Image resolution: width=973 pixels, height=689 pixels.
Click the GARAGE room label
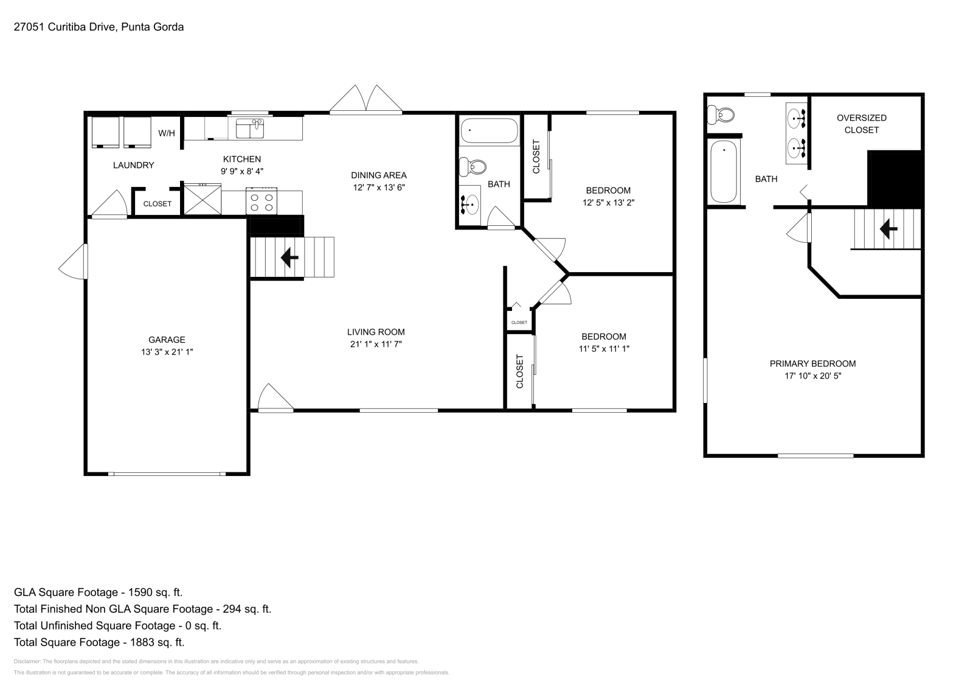[167, 340]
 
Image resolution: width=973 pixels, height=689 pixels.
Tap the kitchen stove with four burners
[261, 200]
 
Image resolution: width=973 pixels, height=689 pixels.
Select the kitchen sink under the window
[249, 129]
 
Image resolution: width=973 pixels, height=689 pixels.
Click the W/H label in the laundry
[167, 133]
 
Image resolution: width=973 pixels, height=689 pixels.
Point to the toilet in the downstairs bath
[473, 166]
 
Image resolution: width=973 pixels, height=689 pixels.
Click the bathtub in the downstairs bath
[489, 130]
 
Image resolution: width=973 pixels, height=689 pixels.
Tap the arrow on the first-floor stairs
[289, 258]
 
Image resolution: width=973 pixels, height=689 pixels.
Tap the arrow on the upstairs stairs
[889, 229]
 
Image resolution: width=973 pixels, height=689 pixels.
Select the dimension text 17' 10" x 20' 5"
[812, 376]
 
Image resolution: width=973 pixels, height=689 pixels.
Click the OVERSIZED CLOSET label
[861, 124]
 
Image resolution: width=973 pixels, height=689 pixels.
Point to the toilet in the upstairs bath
[722, 114]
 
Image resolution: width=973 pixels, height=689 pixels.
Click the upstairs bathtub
[724, 172]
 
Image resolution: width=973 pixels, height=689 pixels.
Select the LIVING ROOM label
[376, 332]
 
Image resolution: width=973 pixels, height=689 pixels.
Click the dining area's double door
[365, 100]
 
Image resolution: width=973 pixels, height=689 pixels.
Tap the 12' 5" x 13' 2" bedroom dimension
[608, 203]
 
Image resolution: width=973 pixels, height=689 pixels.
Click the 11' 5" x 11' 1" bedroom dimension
[604, 349]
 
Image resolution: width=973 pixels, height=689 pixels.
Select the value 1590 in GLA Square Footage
[137, 592]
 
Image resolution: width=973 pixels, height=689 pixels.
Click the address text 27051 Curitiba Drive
[64, 27]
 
